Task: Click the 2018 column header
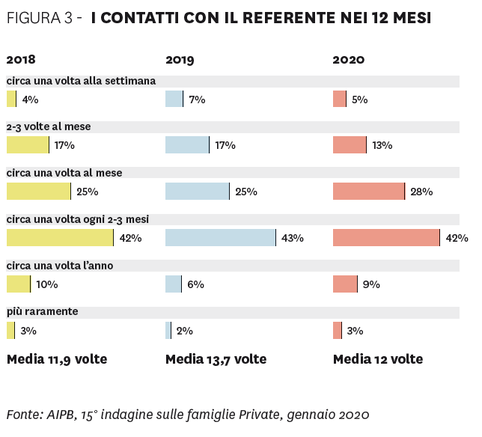pyautogui.click(x=21, y=60)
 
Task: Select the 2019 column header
pyautogui.click(x=180, y=60)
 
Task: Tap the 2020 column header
pyautogui.click(x=348, y=60)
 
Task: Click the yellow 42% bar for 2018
pyautogui.click(x=60, y=238)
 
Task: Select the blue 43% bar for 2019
pyautogui.click(x=221, y=238)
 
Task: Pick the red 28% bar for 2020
pyautogui.click(x=368, y=192)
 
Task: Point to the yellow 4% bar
pyautogui.click(x=10, y=99)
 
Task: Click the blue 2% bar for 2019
pyautogui.click(x=168, y=330)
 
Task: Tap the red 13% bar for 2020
pyautogui.click(x=350, y=145)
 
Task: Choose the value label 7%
pyautogui.click(x=198, y=100)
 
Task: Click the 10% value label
pyautogui.click(x=46, y=284)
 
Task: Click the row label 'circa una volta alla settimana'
pyautogui.click(x=81, y=81)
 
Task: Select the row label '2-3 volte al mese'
pyautogui.click(x=49, y=127)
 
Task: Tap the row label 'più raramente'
pyautogui.click(x=43, y=311)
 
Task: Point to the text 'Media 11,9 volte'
pyautogui.click(x=57, y=359)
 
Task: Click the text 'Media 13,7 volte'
pyautogui.click(x=216, y=359)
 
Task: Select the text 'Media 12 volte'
pyautogui.click(x=378, y=359)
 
